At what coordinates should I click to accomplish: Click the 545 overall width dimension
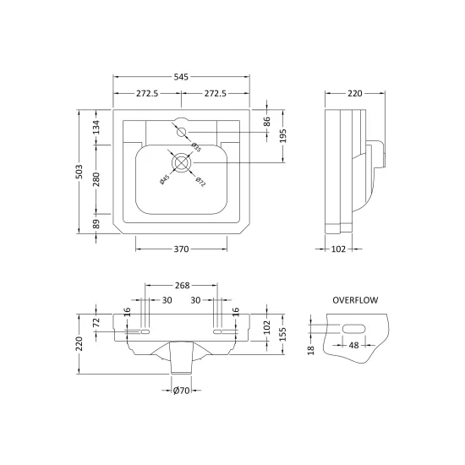(x=181, y=77)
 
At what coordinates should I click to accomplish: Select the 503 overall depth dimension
(x=79, y=172)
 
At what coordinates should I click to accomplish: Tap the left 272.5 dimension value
(x=147, y=93)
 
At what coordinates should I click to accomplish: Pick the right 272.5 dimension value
(x=216, y=93)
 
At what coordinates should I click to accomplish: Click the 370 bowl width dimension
(x=181, y=249)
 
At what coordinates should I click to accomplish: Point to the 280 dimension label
(x=96, y=179)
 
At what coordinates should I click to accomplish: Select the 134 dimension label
(x=96, y=127)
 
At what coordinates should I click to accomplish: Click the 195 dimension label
(x=283, y=136)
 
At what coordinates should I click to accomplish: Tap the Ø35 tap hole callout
(x=196, y=147)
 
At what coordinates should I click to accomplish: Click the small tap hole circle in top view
(x=181, y=132)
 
